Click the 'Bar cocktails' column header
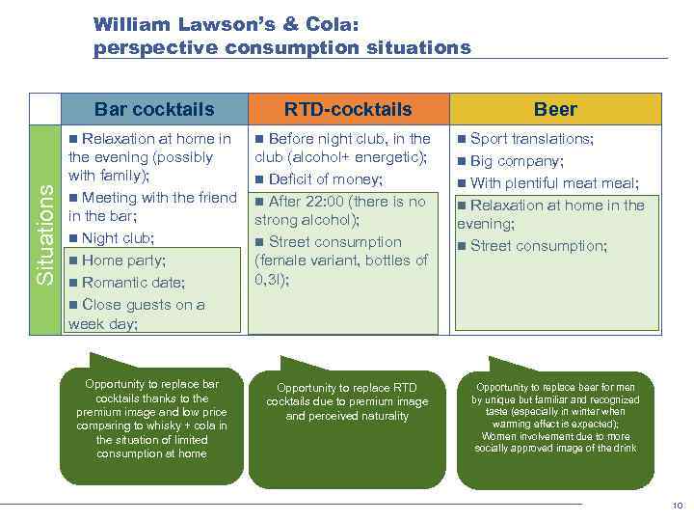point(153,109)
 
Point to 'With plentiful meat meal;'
point(554,183)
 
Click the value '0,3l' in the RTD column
point(268,280)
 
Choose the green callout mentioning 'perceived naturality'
point(347,410)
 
